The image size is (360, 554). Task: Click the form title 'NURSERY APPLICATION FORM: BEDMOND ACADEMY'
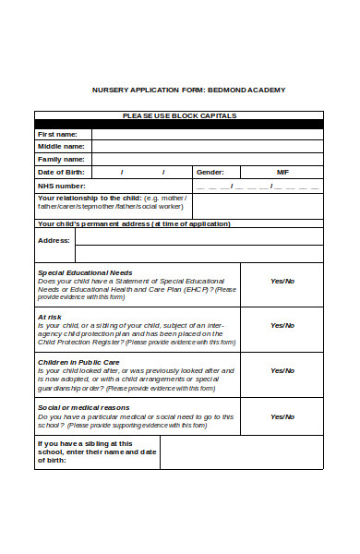[x=189, y=90]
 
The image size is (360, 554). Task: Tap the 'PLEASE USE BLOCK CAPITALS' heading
[x=179, y=115]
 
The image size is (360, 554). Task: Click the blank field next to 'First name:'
[x=207, y=134]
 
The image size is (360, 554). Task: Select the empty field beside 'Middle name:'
[x=207, y=146]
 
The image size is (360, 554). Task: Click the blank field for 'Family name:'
[x=207, y=159]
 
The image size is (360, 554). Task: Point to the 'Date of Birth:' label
[x=60, y=172]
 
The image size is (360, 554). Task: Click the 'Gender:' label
[x=210, y=172]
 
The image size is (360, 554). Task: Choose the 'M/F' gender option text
[x=282, y=172]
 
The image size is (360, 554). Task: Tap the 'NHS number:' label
[x=61, y=186]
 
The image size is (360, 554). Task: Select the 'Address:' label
[x=54, y=240]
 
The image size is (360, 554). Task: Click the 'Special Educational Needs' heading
[x=84, y=272]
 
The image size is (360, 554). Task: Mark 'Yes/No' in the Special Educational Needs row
[x=282, y=281]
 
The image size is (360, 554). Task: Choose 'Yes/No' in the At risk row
[x=282, y=325]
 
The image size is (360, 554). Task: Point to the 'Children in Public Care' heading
[x=78, y=362]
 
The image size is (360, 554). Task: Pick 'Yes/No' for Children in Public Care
[x=282, y=370]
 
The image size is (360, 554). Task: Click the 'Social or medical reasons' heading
[x=83, y=407]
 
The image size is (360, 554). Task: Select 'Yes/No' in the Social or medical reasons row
[x=282, y=416]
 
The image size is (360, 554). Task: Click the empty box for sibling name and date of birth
[x=241, y=452]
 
